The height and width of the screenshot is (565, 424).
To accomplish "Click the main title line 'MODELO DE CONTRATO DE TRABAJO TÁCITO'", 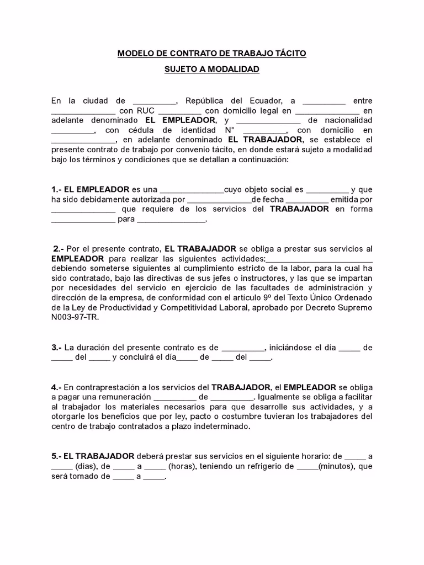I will [x=211, y=54].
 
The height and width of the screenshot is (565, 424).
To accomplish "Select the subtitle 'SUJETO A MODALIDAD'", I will [x=211, y=70].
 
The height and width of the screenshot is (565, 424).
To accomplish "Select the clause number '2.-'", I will [x=59, y=248].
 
